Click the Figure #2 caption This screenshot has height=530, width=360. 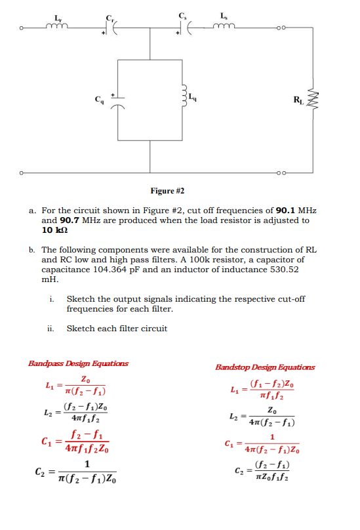[167, 191]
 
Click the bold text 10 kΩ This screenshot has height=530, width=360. [55, 230]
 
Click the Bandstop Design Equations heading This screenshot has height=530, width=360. [265, 367]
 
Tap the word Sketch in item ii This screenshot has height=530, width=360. [81, 328]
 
